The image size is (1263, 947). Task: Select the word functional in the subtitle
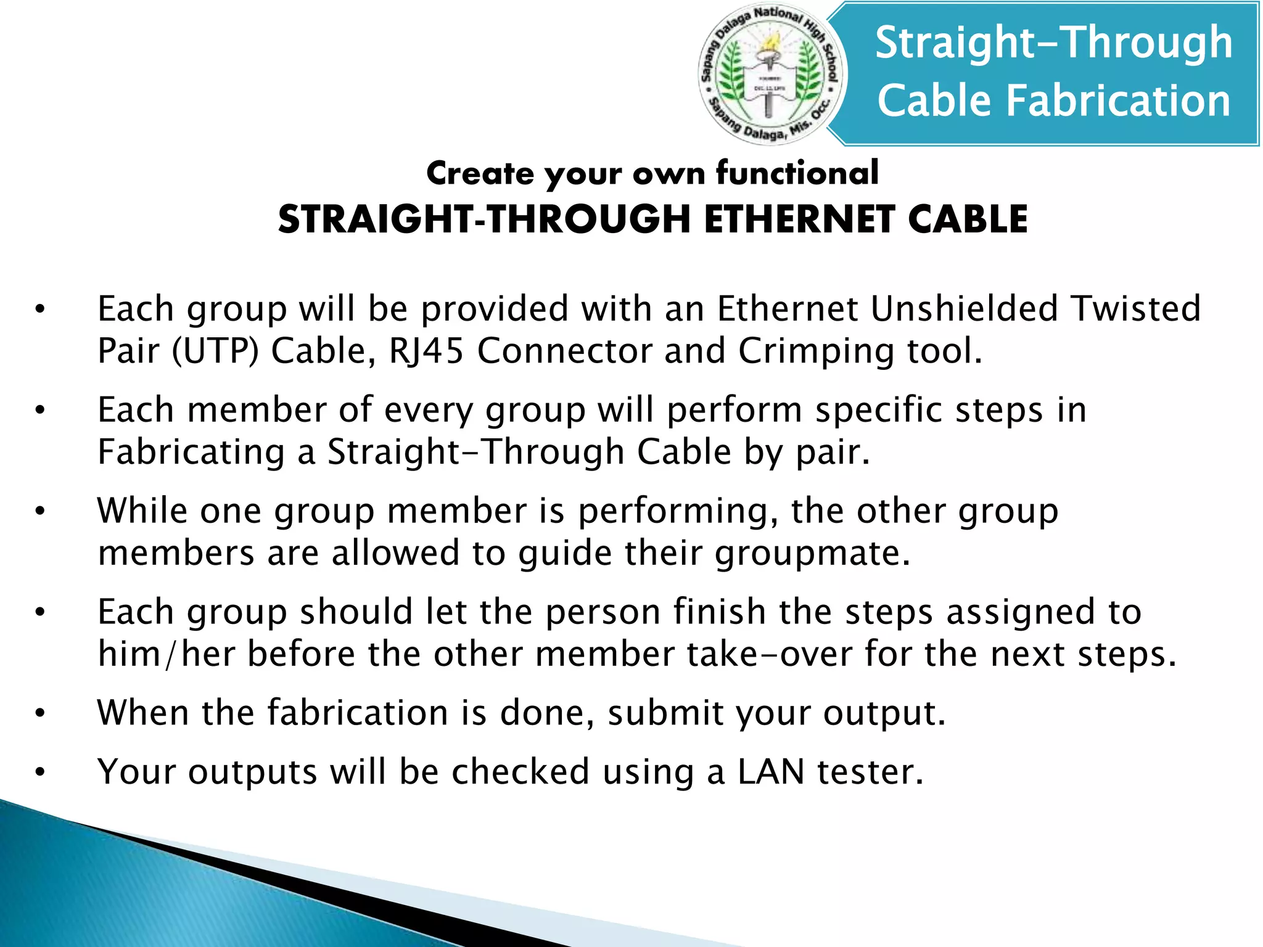coord(797,173)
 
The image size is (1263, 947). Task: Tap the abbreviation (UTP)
coord(215,351)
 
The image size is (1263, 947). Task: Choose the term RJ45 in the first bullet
coord(426,351)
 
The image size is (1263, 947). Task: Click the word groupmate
coord(812,552)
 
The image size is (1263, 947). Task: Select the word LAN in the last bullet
coord(771,771)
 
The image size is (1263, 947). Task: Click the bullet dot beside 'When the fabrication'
coord(40,713)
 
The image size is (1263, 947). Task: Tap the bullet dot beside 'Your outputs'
coord(40,772)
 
